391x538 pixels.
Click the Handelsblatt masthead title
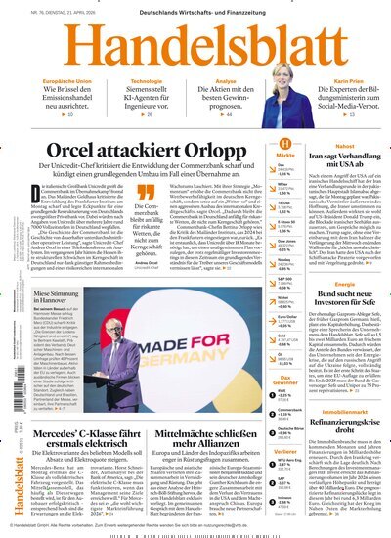point(195,45)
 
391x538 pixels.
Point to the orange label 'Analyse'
point(227,82)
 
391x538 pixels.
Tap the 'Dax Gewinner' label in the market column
point(284,380)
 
